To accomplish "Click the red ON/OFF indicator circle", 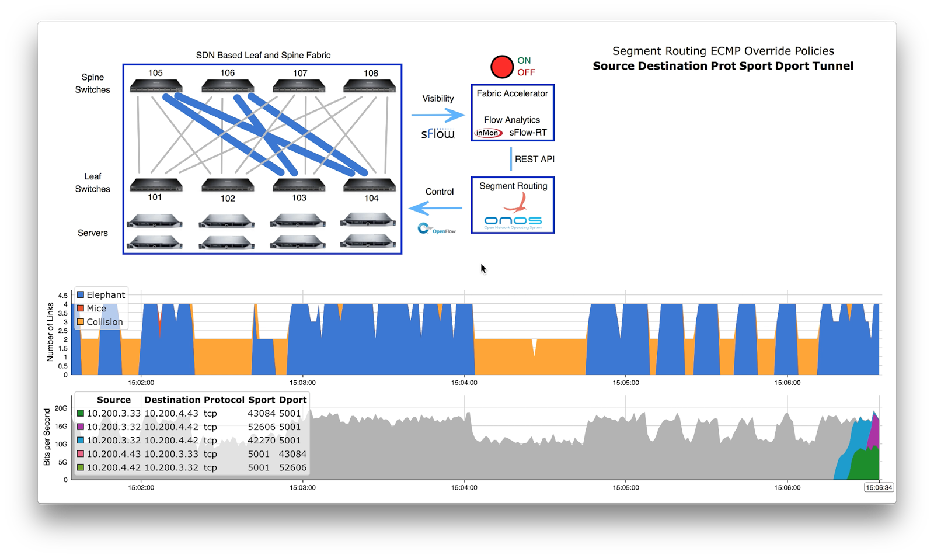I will (501, 67).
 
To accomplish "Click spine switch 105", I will (156, 86).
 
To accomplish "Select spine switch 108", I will (370, 86).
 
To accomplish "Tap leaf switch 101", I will (156, 185).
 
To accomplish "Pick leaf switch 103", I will (299, 185).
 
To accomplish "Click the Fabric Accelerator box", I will (512, 113).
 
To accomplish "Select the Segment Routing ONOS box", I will (513, 205).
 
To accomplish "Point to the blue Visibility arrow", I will (438, 115).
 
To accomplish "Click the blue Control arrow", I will (435, 207).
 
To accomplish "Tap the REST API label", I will (534, 159).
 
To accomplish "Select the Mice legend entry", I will (96, 309).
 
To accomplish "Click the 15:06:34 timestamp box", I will (879, 487).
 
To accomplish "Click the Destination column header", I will (172, 400).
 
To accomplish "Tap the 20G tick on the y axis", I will (61, 408).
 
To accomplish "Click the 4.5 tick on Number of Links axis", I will (62, 296).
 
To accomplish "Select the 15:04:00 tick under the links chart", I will (464, 383).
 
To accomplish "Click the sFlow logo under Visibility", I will (438, 134).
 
